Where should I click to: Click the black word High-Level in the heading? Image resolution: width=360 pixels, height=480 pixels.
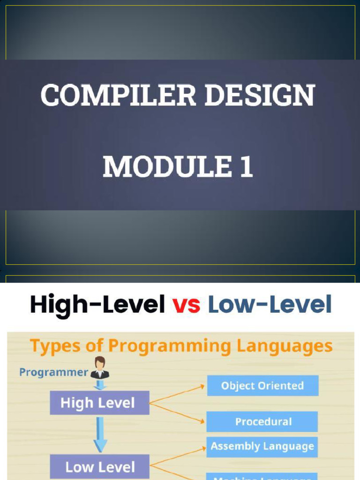pos(97,305)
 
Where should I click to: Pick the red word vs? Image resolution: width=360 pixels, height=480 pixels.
pos(186,306)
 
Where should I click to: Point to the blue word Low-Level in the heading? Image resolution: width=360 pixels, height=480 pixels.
pos(270,305)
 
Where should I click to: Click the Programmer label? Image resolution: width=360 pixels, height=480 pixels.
pos(53,373)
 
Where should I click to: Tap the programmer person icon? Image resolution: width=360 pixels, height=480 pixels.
pos(100,368)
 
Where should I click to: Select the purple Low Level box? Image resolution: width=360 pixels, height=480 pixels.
pos(99,467)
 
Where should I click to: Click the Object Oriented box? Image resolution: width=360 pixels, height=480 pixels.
pos(262,386)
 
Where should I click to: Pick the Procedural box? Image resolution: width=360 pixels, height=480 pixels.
pos(262,422)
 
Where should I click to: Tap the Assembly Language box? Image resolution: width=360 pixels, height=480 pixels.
pos(262,446)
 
